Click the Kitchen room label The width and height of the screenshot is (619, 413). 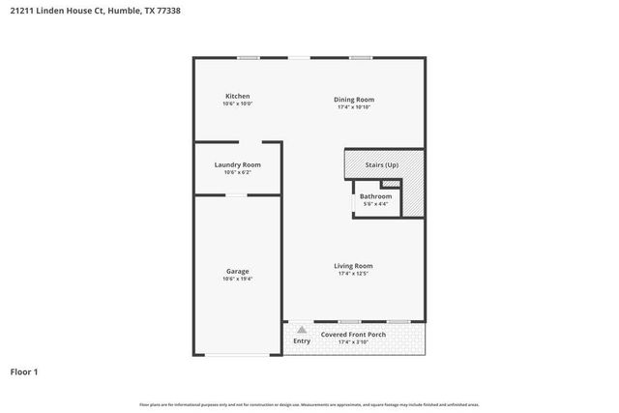[x=237, y=97]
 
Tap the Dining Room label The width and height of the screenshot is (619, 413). [x=354, y=100]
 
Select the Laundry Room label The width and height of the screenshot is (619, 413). [x=237, y=164]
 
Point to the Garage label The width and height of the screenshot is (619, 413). [x=237, y=271]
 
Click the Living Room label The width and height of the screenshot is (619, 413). [x=354, y=266]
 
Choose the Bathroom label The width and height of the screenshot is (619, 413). [x=375, y=196]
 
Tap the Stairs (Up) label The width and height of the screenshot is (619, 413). [x=381, y=165]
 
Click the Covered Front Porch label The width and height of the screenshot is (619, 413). [x=353, y=335]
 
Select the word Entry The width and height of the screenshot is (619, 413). [x=302, y=340]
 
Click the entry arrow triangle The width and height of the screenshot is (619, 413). [x=302, y=330]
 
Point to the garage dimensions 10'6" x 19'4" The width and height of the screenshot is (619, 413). [x=237, y=279]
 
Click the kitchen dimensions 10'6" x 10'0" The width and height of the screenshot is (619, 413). [x=237, y=104]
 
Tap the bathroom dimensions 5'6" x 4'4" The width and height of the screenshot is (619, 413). [x=375, y=204]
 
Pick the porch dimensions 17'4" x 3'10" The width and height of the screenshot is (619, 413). [x=354, y=341]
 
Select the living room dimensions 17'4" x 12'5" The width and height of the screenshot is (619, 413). [x=354, y=274]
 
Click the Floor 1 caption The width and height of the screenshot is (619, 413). [x=24, y=371]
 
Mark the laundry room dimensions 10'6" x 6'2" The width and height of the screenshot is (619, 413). [x=237, y=172]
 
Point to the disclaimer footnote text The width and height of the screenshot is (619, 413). [x=309, y=404]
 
